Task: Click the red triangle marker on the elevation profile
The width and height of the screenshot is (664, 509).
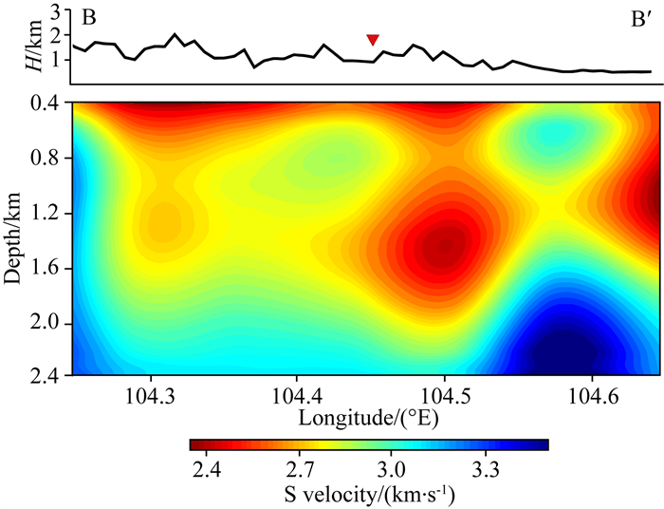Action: point(373,39)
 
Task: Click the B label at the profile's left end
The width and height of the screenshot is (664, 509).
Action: point(88,18)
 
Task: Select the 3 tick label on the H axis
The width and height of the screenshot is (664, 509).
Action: point(56,12)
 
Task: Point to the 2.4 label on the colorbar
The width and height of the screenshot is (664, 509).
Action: point(209,468)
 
